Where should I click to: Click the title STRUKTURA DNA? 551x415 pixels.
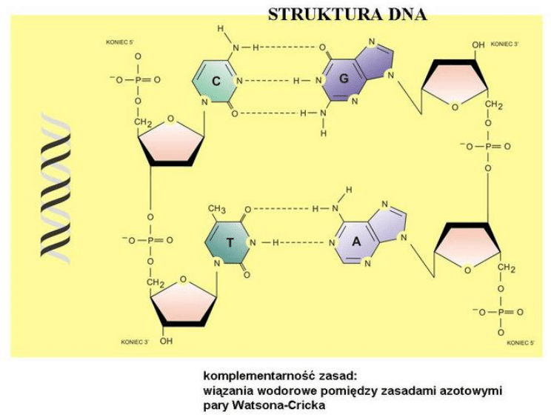(x=347, y=14)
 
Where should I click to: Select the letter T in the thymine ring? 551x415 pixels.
(x=230, y=242)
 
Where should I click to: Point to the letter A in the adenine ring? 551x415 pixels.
(x=355, y=242)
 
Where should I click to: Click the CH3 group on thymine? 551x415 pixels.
(x=216, y=210)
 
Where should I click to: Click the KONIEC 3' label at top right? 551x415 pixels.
(x=505, y=44)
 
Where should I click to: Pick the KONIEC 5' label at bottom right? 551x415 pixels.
(x=521, y=342)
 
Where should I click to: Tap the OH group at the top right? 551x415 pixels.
(x=478, y=45)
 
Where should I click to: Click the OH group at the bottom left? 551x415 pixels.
(x=167, y=342)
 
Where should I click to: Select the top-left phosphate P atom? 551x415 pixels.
(x=138, y=79)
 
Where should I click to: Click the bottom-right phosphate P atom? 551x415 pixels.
(x=501, y=312)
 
